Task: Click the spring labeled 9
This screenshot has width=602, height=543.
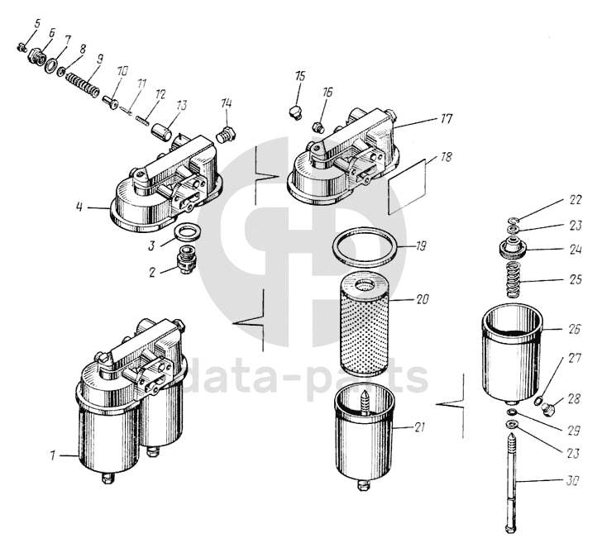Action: pyautogui.click(x=81, y=82)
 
